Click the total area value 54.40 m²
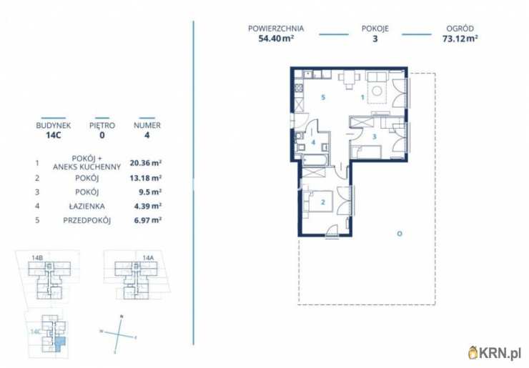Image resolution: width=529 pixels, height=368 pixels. (x=276, y=38)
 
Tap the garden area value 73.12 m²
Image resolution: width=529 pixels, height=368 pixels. (x=460, y=38)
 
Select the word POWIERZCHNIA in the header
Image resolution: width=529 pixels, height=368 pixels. (x=276, y=29)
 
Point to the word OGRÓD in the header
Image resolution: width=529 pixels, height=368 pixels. (x=460, y=29)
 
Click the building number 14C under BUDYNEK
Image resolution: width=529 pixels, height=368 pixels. (x=54, y=135)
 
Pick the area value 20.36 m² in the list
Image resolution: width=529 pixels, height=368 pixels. (x=146, y=163)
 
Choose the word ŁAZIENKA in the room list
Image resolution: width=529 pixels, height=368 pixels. (x=87, y=206)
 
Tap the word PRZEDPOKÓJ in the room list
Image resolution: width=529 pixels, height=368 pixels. (x=87, y=220)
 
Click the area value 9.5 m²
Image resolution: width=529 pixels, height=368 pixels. (x=148, y=192)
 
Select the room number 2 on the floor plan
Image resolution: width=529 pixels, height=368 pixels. (x=323, y=202)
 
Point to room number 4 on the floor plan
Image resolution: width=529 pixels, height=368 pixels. (x=313, y=142)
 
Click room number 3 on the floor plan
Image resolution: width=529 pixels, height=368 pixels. (x=374, y=136)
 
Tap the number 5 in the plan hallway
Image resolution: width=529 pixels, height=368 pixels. (x=323, y=97)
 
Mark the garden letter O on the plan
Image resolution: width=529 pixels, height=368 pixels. (x=400, y=234)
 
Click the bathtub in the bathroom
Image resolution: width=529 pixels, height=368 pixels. (x=315, y=160)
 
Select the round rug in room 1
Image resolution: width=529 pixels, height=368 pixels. (x=377, y=91)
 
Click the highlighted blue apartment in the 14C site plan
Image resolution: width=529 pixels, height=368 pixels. (x=59, y=344)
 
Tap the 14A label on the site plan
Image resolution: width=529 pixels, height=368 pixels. (x=148, y=258)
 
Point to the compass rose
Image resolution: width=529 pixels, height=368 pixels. (x=118, y=334)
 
